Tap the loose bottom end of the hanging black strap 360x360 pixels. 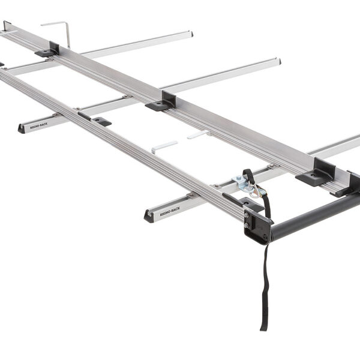coord(263,327)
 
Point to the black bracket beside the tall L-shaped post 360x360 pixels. coord(48,50)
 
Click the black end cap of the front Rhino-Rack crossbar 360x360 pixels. coord(148,216)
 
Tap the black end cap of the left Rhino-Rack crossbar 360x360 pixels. coord(21,128)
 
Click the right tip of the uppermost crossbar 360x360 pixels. coord(191,33)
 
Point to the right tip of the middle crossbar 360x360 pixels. coord(278,61)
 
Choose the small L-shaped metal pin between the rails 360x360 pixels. coord(164,146)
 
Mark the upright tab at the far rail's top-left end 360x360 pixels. coord(6,25)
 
